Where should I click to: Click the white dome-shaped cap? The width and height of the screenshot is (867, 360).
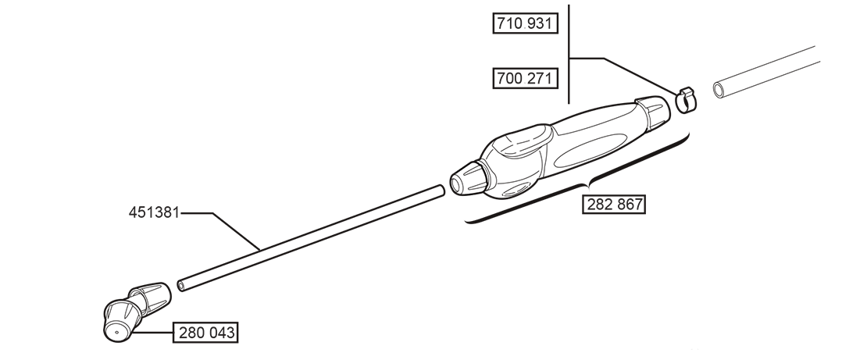(x=635, y=119)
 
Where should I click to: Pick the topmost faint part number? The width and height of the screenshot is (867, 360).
(x=524, y=23)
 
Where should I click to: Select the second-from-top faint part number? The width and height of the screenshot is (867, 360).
(x=524, y=78)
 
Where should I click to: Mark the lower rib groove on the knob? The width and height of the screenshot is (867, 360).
(x=473, y=186)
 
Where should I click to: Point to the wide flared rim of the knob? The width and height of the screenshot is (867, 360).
(x=483, y=177)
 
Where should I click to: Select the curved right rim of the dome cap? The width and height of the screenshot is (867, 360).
(x=648, y=119)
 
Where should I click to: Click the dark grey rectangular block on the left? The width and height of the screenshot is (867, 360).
(x=113, y=231)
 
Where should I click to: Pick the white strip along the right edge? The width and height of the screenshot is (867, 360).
(x=844, y=180)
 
